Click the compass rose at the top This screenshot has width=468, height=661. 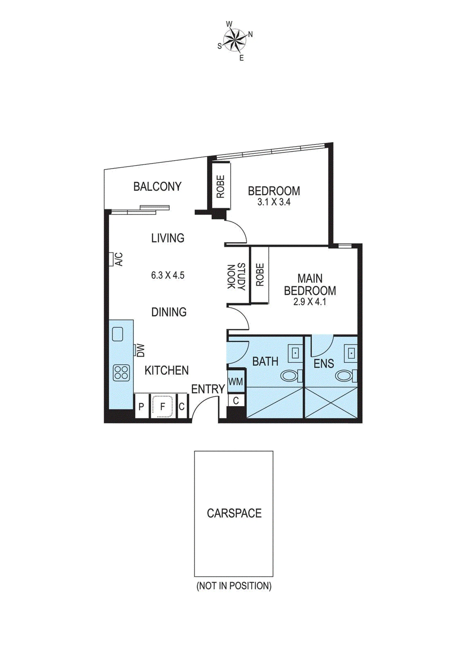(x=235, y=40)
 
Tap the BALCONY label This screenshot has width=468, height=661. (x=157, y=187)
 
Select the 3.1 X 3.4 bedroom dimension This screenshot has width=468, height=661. (x=274, y=202)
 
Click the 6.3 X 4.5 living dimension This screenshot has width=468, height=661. (x=168, y=275)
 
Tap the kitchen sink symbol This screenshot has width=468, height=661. (x=118, y=334)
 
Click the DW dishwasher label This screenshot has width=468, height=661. (x=141, y=351)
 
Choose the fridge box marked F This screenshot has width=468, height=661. (x=162, y=406)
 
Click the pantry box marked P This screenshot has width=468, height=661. (x=141, y=406)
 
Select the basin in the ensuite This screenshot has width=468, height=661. (x=351, y=353)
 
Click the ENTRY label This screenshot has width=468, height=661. (x=208, y=389)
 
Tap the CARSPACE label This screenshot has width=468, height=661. (x=234, y=513)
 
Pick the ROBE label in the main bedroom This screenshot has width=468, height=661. (x=260, y=275)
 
